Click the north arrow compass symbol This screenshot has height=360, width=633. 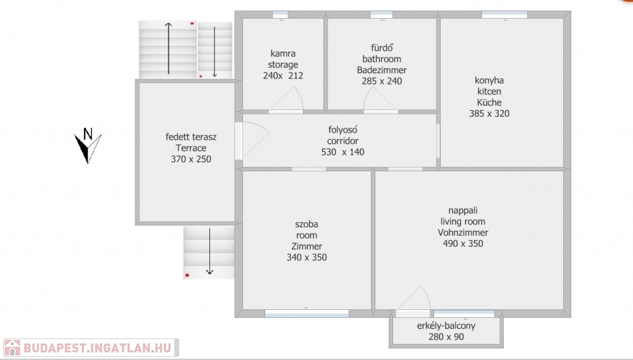[x=87, y=146]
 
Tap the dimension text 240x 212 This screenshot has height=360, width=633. [x=283, y=75]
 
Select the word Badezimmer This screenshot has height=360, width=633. [x=381, y=70]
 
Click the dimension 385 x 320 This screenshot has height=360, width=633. [x=490, y=114]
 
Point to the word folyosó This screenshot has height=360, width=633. [x=342, y=130]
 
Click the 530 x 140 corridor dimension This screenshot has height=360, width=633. [x=342, y=152]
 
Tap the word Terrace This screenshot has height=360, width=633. [x=191, y=148]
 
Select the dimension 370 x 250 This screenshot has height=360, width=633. [x=191, y=159]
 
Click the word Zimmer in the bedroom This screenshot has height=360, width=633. [x=307, y=246]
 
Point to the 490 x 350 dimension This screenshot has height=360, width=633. [x=463, y=244]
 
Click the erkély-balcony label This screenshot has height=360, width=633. [x=446, y=325]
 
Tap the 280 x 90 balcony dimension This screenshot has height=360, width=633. [x=446, y=336]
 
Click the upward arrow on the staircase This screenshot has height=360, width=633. [x=168, y=48]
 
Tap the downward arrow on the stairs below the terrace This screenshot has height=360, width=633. [x=210, y=251]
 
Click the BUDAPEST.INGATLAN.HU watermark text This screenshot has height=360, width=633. [x=97, y=348]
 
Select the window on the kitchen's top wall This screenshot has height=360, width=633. [x=504, y=15]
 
